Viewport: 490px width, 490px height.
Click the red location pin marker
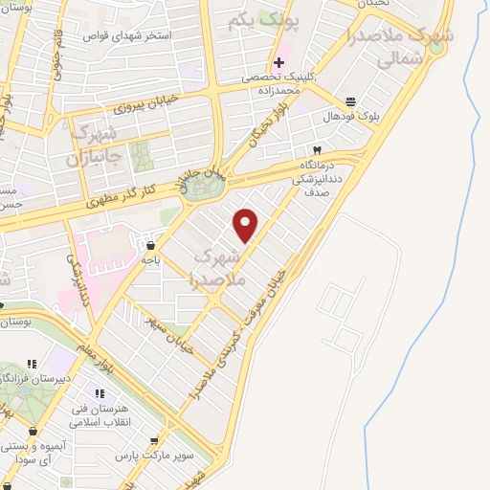click(246, 225)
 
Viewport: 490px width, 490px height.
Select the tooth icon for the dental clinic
click(317, 150)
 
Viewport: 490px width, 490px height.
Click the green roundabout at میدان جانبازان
click(202, 188)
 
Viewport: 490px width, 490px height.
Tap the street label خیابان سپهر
click(172, 334)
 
